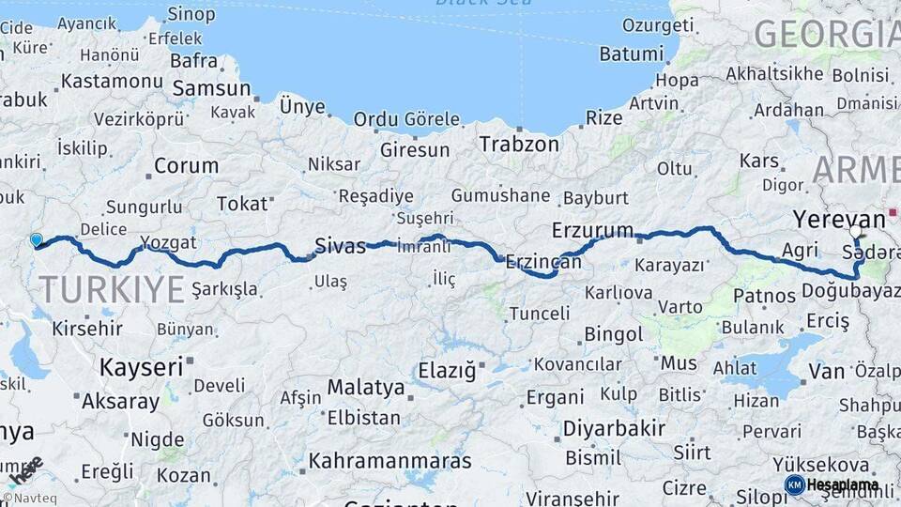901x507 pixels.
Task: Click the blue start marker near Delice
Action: (37, 240)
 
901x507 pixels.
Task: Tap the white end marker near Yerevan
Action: (855, 231)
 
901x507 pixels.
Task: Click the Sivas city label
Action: (340, 246)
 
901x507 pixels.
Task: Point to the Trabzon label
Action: (519, 145)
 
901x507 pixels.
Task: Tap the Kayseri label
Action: (141, 367)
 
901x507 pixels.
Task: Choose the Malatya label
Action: (366, 388)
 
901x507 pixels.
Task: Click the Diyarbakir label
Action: (614, 429)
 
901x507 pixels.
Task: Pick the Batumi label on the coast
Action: (631, 54)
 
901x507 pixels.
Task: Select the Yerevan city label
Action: (839, 219)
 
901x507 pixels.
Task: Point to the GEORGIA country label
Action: (826, 34)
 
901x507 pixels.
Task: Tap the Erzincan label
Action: (543, 262)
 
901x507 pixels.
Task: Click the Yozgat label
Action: (169, 243)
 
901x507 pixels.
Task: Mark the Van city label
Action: (826, 371)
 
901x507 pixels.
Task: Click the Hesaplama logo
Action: (832, 484)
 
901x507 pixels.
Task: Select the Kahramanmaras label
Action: (389, 461)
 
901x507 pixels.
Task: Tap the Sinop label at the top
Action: (191, 14)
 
